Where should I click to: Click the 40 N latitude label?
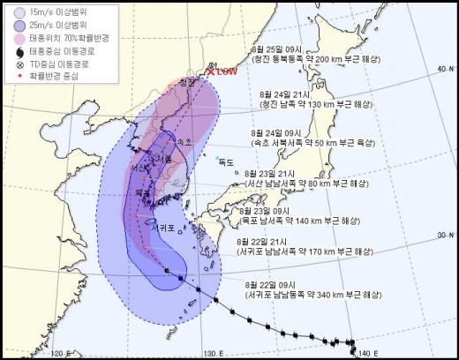tap(439, 68)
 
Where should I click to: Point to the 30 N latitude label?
tap(439, 236)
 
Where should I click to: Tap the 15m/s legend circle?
tap(8, 10)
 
